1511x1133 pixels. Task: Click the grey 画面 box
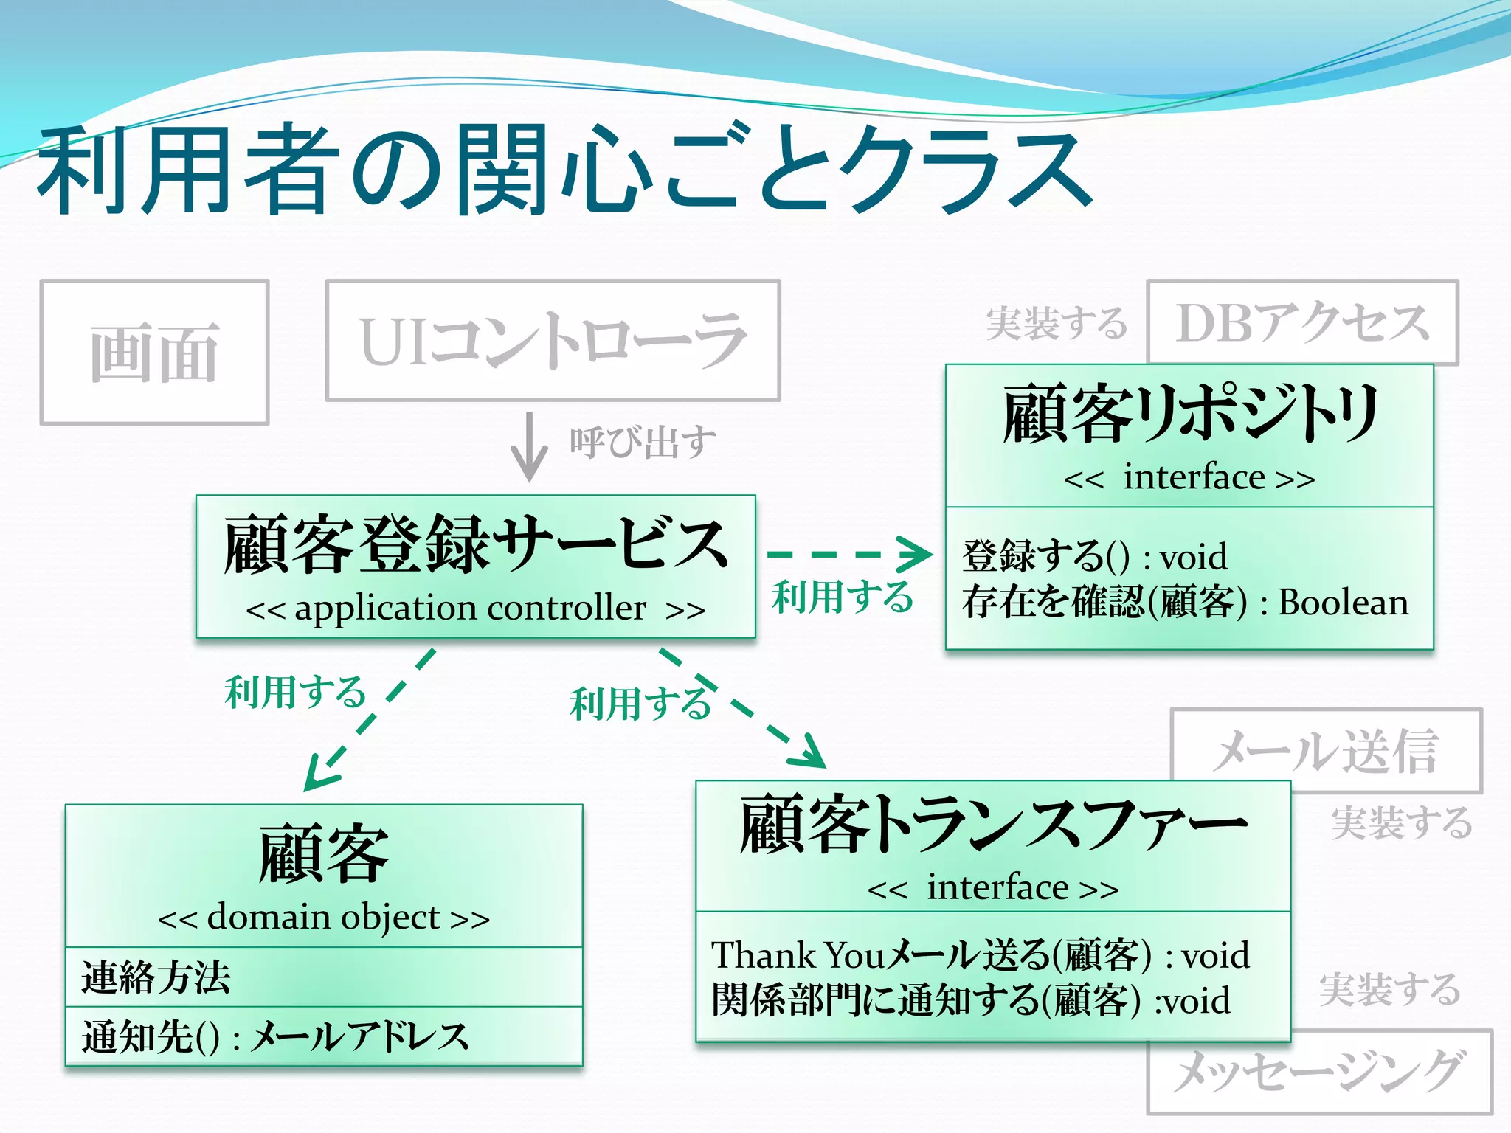154,353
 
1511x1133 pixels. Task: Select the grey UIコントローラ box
553,340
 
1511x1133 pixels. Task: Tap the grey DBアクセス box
1302,322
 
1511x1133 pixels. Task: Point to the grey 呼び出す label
642,443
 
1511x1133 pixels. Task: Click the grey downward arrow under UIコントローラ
529,447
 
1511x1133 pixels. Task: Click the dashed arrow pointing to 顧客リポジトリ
848,554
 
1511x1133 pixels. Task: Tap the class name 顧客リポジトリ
1189,414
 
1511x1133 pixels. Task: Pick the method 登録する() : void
1094,556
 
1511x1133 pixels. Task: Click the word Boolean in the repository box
1343,603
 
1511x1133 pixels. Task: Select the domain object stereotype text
323,918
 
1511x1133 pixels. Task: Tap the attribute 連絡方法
156,977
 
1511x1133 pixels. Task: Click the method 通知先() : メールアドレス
274,1036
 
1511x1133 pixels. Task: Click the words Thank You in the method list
797,955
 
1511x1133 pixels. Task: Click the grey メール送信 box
1326,751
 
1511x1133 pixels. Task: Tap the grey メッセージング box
1318,1072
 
